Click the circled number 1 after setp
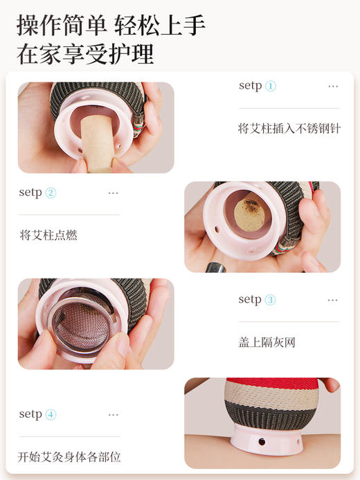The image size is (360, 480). [x=270, y=86]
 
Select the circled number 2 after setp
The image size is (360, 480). [x=51, y=193]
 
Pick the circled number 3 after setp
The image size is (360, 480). [x=270, y=300]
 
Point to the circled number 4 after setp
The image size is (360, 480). [x=51, y=414]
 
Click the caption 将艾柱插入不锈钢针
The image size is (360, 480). [x=289, y=128]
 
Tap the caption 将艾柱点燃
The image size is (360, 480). [x=48, y=235]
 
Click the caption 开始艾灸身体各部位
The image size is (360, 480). [x=69, y=456]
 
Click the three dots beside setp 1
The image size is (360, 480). [x=333, y=87]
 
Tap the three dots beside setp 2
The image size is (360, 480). [x=114, y=193]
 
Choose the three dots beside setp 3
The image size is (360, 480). [x=333, y=301]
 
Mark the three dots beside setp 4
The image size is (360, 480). [x=114, y=415]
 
